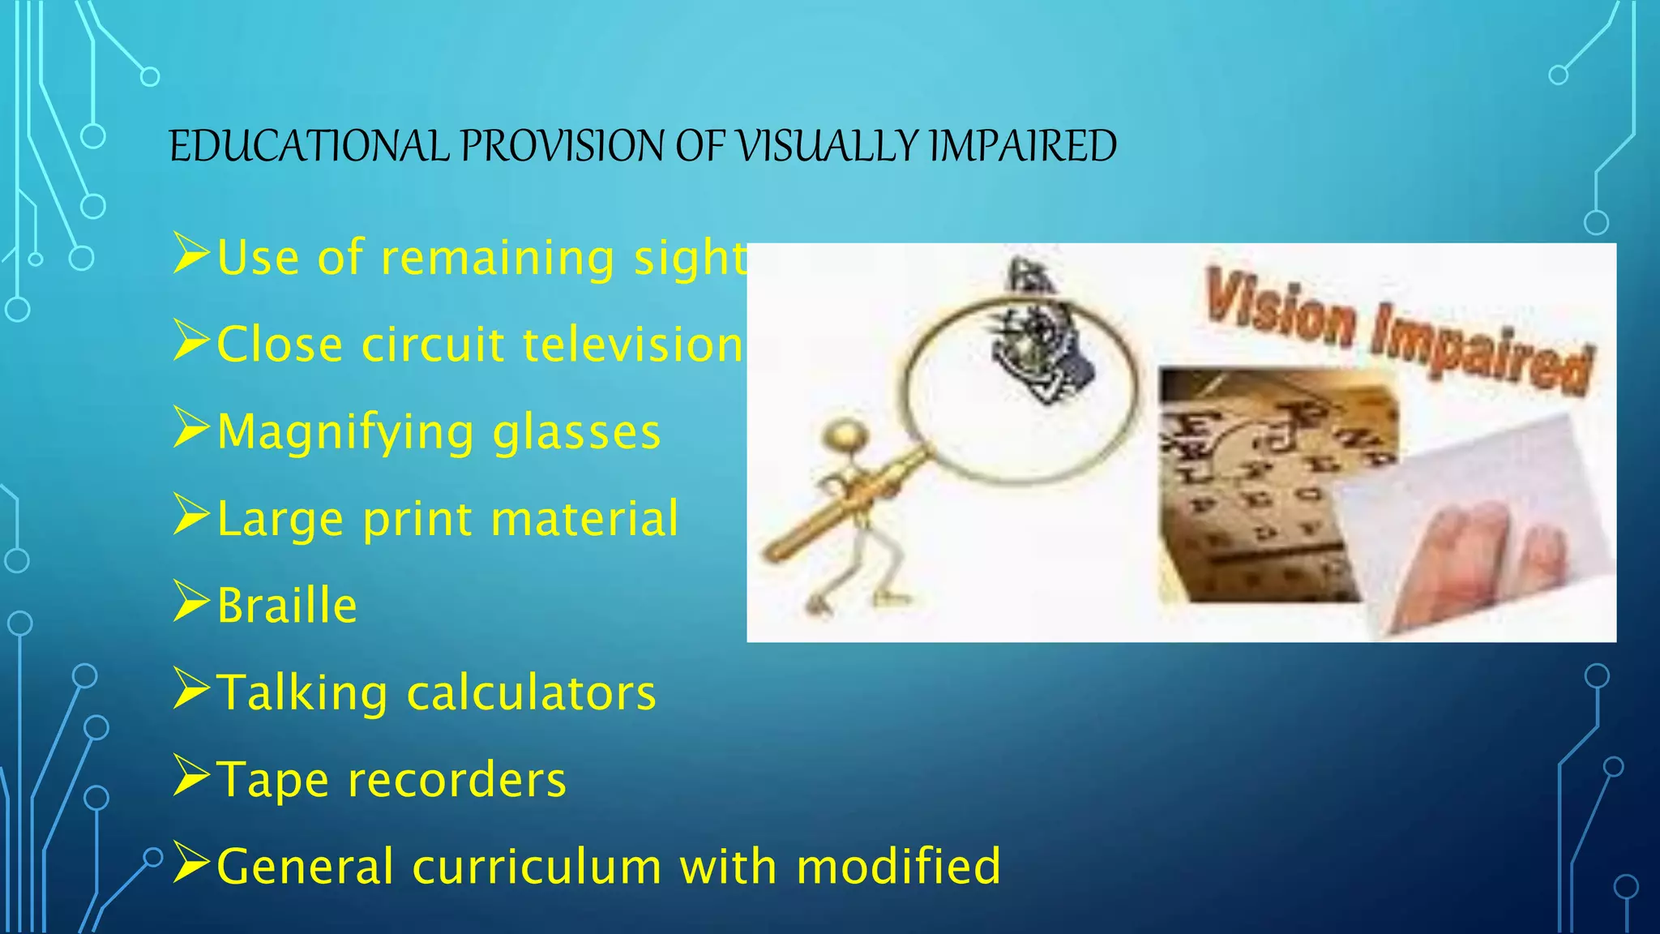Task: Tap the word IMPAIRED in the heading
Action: point(1022,147)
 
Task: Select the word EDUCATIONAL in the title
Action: point(309,147)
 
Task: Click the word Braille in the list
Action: point(287,606)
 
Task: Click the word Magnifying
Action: point(345,432)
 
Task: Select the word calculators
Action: point(531,693)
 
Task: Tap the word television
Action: point(632,345)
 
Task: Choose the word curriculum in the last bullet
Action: point(537,867)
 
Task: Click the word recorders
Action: point(456,780)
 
